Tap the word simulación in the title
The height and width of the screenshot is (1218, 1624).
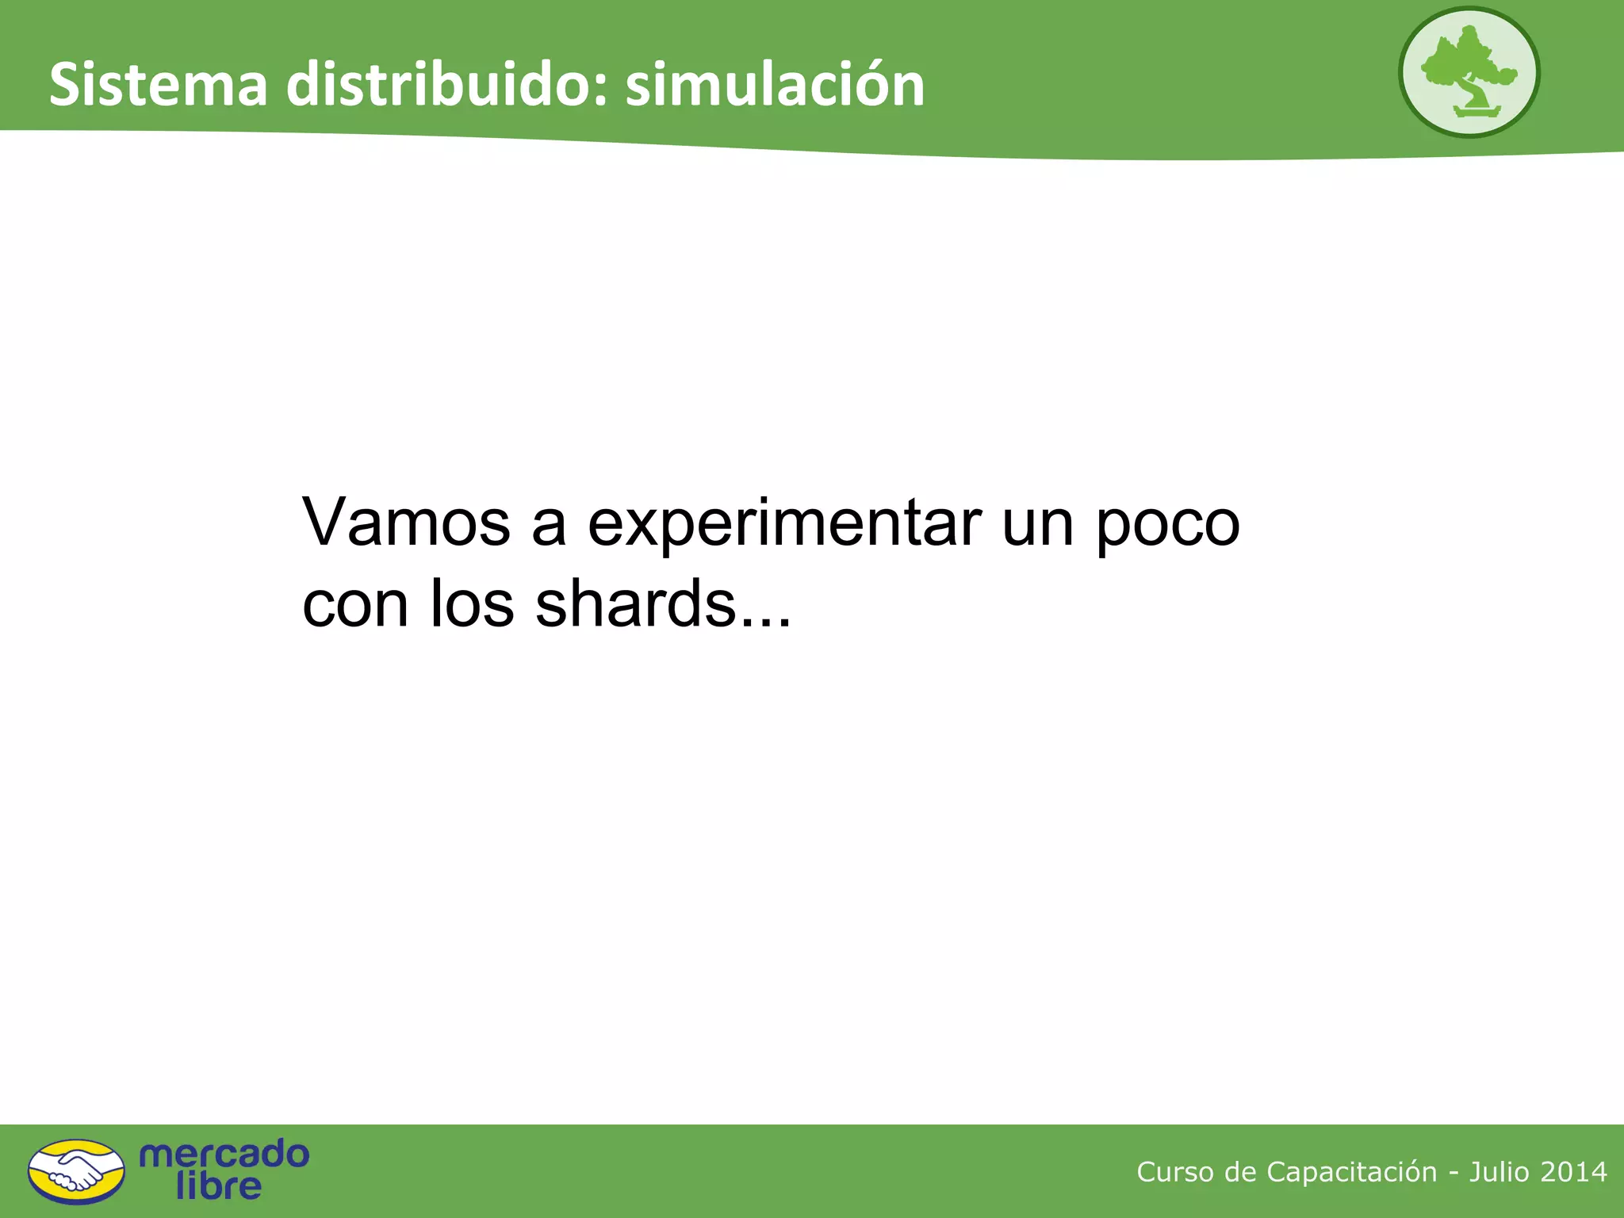[x=775, y=85]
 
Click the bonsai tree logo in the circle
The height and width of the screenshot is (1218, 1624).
[x=1469, y=71]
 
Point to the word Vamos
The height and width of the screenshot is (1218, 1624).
[x=406, y=523]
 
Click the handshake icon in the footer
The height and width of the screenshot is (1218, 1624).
[x=76, y=1171]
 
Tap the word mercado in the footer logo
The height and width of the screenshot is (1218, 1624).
[x=224, y=1154]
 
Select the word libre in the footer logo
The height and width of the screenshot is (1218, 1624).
[x=218, y=1186]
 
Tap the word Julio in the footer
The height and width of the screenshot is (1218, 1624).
[x=1499, y=1172]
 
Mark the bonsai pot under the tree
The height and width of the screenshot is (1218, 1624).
[x=1477, y=112]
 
